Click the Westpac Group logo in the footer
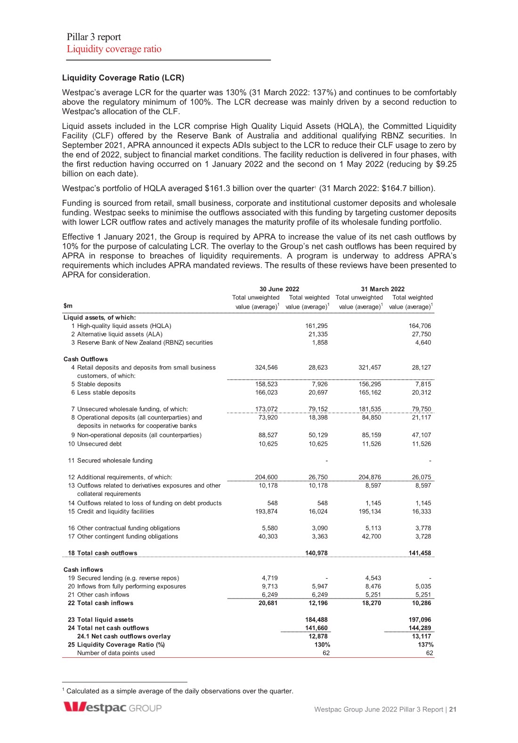point(113,708)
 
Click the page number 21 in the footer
point(453,709)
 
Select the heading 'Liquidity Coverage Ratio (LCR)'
point(123,78)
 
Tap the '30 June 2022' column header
point(279,289)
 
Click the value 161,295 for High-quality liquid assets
point(316,326)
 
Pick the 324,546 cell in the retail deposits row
point(266,368)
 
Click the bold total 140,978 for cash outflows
point(316,553)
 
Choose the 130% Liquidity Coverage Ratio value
point(322,645)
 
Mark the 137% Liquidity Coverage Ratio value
point(426,645)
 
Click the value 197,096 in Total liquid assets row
point(420,620)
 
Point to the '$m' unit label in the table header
point(68,306)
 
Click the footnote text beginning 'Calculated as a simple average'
point(179,691)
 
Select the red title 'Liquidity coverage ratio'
point(114,49)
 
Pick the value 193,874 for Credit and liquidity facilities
point(266,511)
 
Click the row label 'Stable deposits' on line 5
point(99,384)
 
